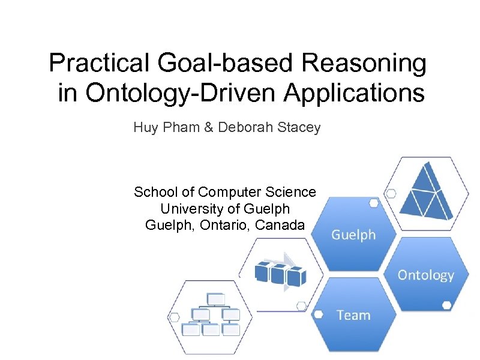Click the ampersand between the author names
click(x=208, y=127)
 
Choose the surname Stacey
click(x=301, y=127)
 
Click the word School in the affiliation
click(x=155, y=192)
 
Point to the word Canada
click(x=281, y=225)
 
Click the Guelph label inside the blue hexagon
click(x=353, y=235)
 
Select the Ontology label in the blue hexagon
click(x=425, y=275)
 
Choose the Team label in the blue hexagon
click(x=353, y=315)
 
